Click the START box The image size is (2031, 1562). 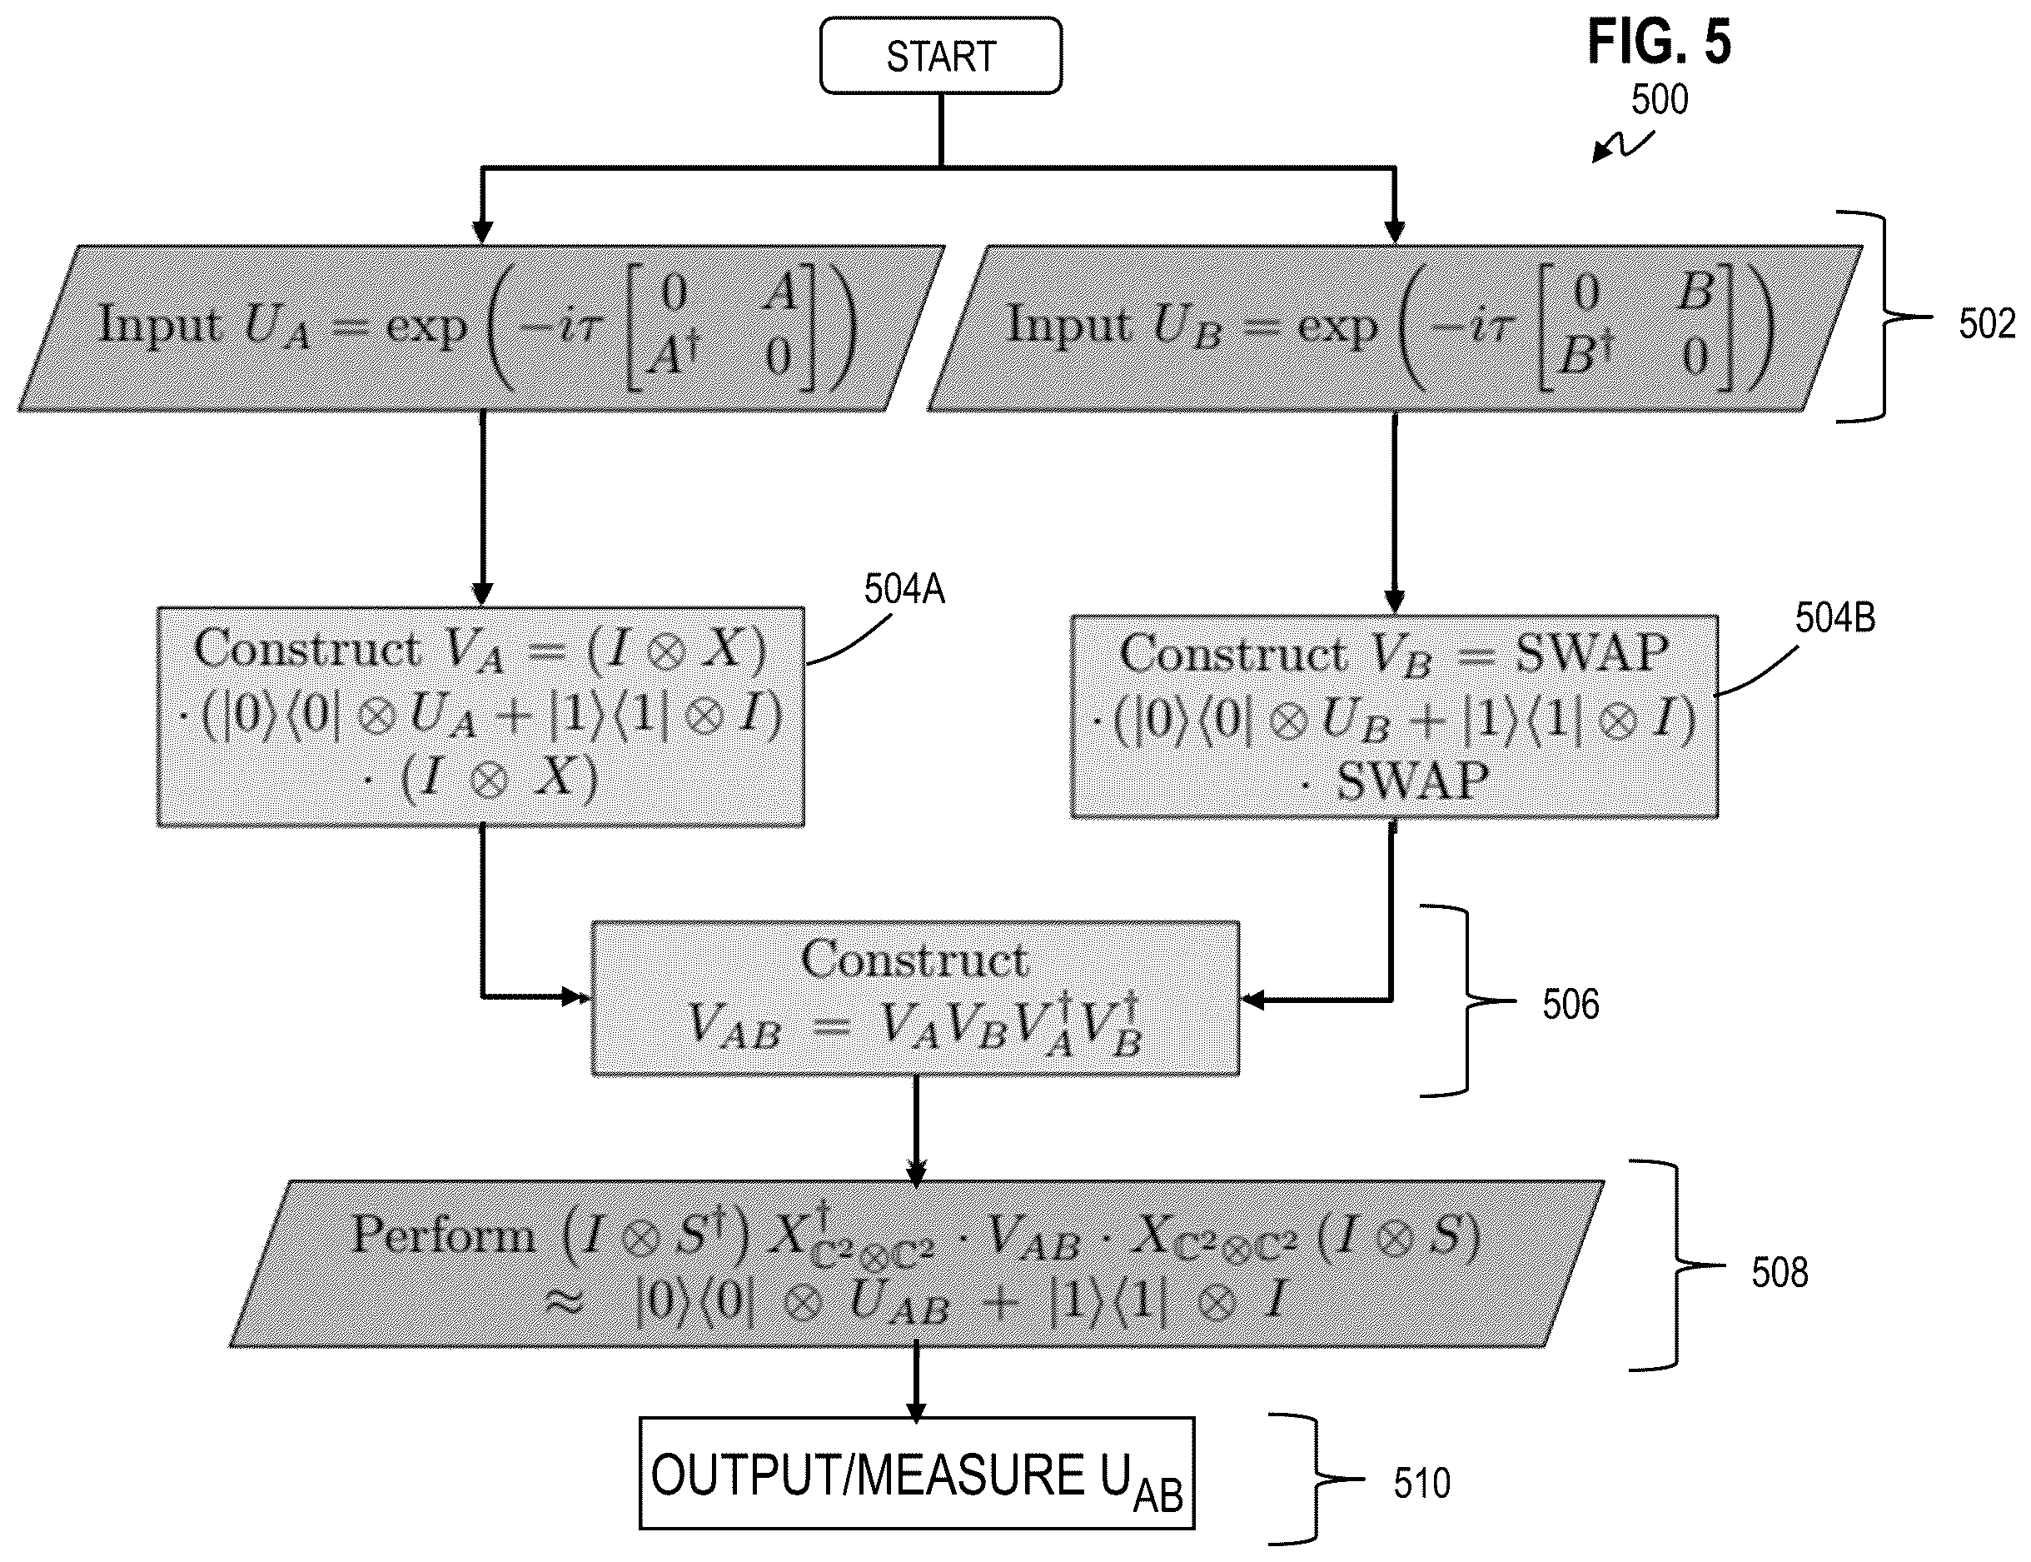point(941,56)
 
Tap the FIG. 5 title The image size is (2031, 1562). point(1660,42)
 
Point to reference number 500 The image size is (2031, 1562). point(1660,99)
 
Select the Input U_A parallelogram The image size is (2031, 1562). point(481,327)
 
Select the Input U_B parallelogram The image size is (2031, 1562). point(1394,327)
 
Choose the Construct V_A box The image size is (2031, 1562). point(480,716)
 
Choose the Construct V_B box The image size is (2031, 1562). point(1394,716)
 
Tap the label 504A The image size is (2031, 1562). point(904,590)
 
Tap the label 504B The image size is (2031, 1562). point(1834,618)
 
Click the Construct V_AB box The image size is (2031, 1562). point(916,999)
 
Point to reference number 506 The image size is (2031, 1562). point(1571,1004)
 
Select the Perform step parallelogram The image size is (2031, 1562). point(917,1264)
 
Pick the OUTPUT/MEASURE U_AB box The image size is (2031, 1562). point(917,1474)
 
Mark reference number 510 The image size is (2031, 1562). point(1422,1483)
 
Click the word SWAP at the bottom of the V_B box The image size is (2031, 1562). point(1413,781)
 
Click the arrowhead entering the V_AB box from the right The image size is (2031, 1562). point(1252,1001)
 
